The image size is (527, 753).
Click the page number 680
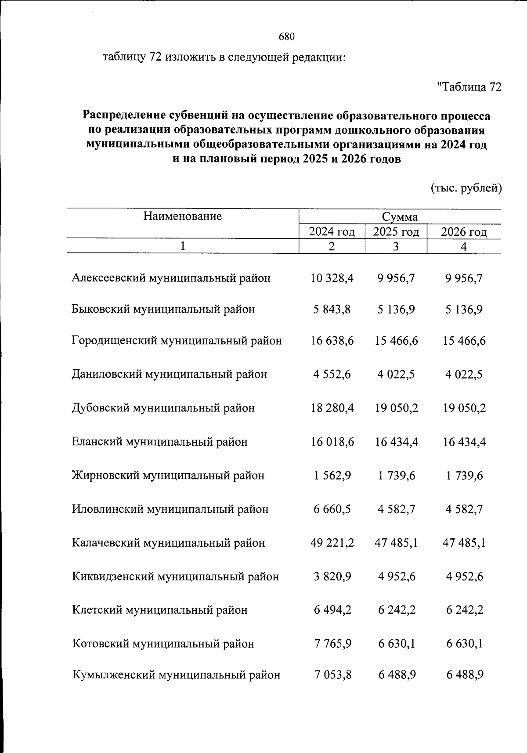(286, 37)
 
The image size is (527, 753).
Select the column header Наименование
(182, 216)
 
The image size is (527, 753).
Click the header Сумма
(400, 217)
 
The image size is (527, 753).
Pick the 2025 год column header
(396, 231)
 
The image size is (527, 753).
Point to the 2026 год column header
(464, 231)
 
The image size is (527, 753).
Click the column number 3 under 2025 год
(396, 246)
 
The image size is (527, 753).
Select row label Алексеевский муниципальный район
(171, 278)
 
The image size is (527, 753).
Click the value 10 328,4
(332, 278)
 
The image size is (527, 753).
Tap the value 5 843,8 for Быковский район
(332, 310)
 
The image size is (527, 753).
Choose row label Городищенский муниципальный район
(177, 341)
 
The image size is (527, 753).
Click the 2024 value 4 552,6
(332, 375)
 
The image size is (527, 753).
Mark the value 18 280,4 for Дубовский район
(332, 408)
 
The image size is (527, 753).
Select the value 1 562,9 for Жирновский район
(332, 476)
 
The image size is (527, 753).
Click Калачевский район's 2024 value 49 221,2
(332, 543)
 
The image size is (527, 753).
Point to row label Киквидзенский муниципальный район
(175, 576)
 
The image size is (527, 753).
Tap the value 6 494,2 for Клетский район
(332, 610)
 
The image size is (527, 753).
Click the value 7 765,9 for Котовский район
(332, 644)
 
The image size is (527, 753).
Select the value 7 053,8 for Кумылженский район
(332, 675)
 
